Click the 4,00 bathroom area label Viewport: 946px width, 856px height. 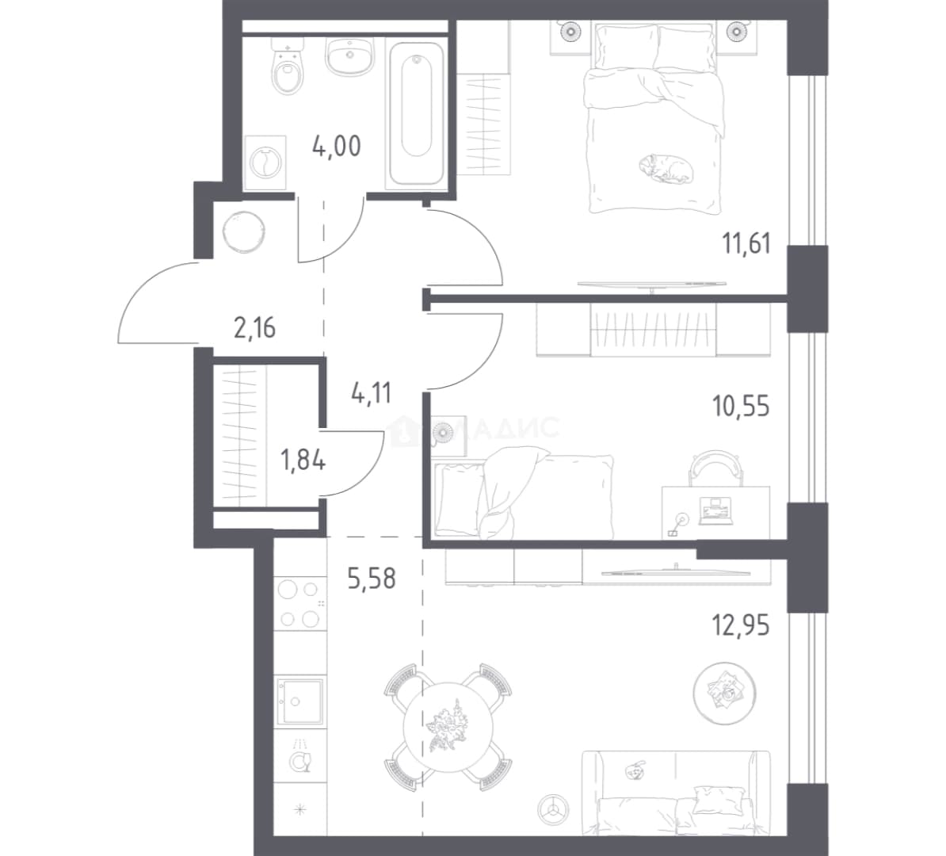coord(336,146)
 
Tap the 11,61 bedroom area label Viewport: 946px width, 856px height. coord(746,243)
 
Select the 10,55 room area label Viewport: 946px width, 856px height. coord(741,407)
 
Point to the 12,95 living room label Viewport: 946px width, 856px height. coord(741,625)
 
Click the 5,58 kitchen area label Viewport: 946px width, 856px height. coord(372,579)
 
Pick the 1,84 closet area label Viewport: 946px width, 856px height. coord(303,461)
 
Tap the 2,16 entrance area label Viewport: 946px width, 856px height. coord(254,328)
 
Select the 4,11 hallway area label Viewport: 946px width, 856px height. coord(371,394)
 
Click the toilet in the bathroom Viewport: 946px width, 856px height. coord(287,67)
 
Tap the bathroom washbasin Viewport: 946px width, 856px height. coord(349,56)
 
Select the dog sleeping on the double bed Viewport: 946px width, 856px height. coord(666,168)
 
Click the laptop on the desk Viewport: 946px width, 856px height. coord(715,510)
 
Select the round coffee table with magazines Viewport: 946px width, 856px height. coord(725,693)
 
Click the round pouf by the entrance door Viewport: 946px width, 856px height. coord(244,231)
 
